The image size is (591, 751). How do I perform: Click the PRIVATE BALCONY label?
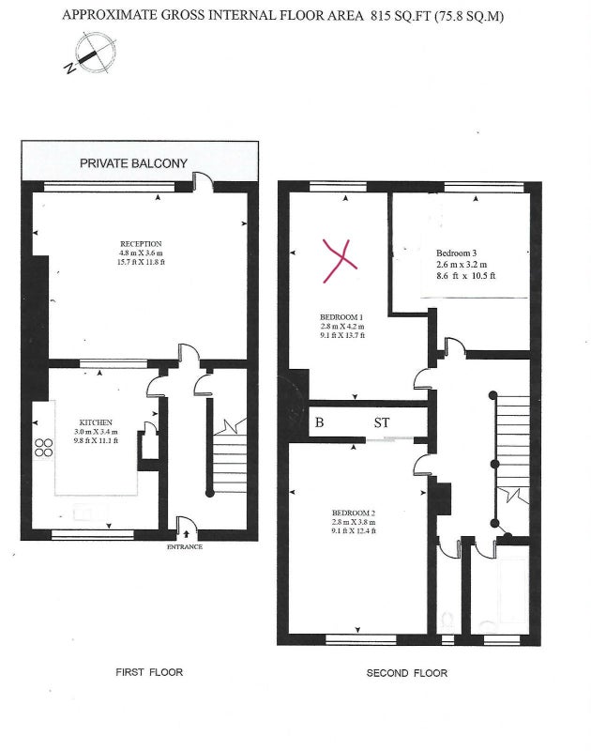(133, 163)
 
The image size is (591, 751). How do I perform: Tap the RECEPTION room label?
(141, 244)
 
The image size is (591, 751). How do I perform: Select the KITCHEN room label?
(96, 422)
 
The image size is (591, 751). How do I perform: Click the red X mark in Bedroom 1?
(340, 261)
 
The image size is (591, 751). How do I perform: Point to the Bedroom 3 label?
(456, 253)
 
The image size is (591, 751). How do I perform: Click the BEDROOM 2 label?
(353, 513)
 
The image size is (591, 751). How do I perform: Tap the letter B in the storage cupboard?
(319, 422)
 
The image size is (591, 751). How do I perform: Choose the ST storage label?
(382, 422)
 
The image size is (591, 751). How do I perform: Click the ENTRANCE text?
(185, 546)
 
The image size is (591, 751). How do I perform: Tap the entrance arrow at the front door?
(186, 533)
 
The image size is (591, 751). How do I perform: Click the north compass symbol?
(91, 54)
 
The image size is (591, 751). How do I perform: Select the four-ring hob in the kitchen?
(43, 448)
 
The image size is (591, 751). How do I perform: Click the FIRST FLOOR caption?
(149, 672)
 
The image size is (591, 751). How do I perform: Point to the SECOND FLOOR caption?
(407, 673)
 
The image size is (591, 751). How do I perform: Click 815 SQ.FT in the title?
(400, 16)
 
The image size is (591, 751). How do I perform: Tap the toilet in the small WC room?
(447, 621)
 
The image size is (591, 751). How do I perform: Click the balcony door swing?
(203, 181)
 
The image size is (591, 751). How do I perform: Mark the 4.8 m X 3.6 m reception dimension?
(141, 253)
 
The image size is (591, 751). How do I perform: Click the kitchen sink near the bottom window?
(90, 513)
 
